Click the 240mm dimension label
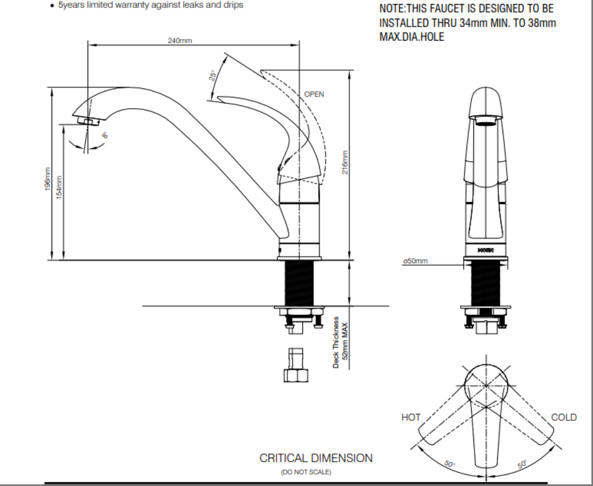pyautogui.click(x=180, y=41)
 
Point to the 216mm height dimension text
pyautogui.click(x=345, y=162)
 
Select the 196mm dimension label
pyautogui.click(x=48, y=179)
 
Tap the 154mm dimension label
pyautogui.click(x=59, y=187)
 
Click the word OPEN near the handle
pyautogui.click(x=314, y=94)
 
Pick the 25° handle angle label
pyautogui.click(x=213, y=75)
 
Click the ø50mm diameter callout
pyautogui.click(x=416, y=261)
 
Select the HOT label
pyautogui.click(x=411, y=418)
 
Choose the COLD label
pyautogui.click(x=564, y=418)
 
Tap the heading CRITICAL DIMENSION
pyautogui.click(x=316, y=458)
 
